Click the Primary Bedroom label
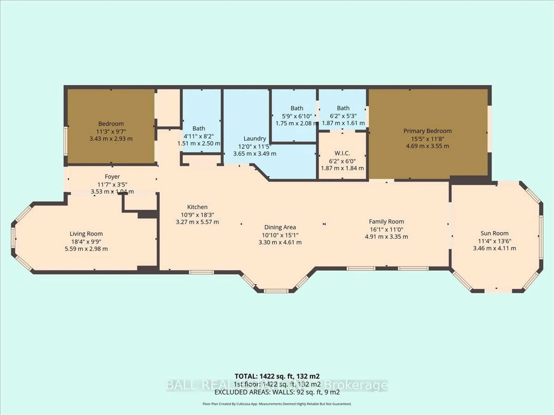(x=427, y=131)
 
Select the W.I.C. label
(x=342, y=153)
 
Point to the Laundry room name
(x=255, y=138)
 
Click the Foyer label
(x=112, y=177)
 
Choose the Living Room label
(x=86, y=234)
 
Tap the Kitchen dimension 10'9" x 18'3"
(x=197, y=215)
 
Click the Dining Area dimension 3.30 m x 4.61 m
(x=280, y=242)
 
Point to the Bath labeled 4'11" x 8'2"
(x=199, y=128)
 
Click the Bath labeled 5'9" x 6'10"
(x=297, y=108)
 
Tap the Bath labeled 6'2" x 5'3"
(x=343, y=108)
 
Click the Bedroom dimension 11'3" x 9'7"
(x=111, y=131)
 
